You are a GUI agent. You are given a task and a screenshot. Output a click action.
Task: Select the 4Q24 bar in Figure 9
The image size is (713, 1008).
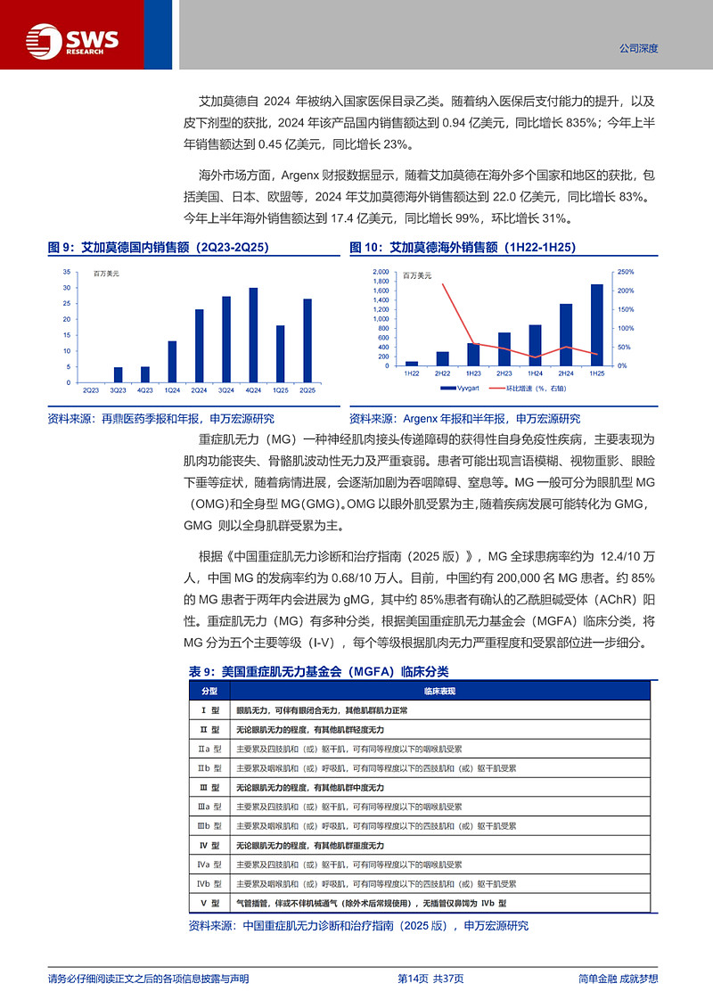tap(253, 335)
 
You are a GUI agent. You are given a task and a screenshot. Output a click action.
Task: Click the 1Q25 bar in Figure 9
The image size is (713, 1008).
tap(280, 354)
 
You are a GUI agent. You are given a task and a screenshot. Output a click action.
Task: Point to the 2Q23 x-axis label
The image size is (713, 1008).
tap(91, 390)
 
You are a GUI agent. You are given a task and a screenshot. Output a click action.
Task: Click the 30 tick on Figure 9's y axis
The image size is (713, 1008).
tap(69, 288)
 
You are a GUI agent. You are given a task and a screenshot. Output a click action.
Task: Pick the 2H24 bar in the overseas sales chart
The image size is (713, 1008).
tap(566, 334)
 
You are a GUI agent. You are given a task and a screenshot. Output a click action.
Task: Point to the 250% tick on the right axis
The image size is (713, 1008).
tap(625, 272)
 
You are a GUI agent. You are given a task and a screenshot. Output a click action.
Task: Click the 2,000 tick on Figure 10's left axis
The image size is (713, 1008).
tap(380, 272)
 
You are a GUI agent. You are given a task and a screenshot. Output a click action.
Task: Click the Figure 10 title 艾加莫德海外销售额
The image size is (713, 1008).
tap(463, 247)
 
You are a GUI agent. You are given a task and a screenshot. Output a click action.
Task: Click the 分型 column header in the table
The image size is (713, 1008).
tap(209, 691)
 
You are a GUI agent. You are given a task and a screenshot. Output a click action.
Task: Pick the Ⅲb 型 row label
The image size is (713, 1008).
tap(209, 826)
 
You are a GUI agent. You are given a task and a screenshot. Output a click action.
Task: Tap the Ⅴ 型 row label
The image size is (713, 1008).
tap(209, 903)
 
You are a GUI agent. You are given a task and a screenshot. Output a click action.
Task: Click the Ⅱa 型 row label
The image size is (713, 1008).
tap(209, 749)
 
